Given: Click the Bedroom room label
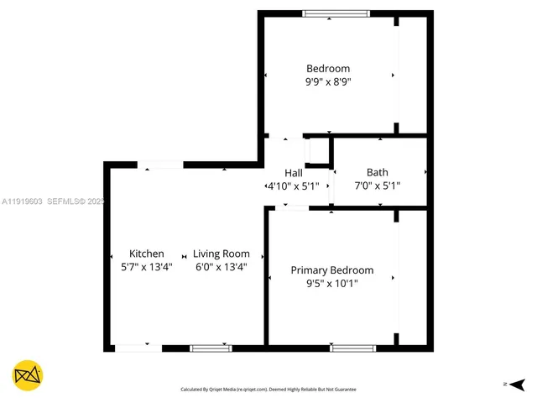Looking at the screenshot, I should click(328, 69).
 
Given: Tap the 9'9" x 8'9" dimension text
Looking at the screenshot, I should click(328, 82).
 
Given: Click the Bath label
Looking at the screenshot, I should click(377, 173).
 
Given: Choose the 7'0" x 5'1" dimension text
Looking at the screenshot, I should click(377, 186).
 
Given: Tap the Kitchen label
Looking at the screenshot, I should click(147, 254).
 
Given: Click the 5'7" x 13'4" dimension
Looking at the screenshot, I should click(147, 267).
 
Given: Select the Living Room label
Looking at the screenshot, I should click(222, 254).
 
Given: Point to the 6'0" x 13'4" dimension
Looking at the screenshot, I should click(222, 267).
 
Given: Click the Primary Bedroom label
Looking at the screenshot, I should click(332, 270).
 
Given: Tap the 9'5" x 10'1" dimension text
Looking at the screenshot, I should click(332, 284).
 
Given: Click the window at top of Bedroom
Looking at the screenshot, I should click(335, 13).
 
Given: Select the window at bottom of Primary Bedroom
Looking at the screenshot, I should click(353, 348).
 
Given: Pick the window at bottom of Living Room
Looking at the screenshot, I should click(211, 348).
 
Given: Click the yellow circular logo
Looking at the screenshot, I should click(28, 374).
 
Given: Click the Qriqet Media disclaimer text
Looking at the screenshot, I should click(268, 390).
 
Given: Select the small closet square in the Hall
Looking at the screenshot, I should click(318, 150).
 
